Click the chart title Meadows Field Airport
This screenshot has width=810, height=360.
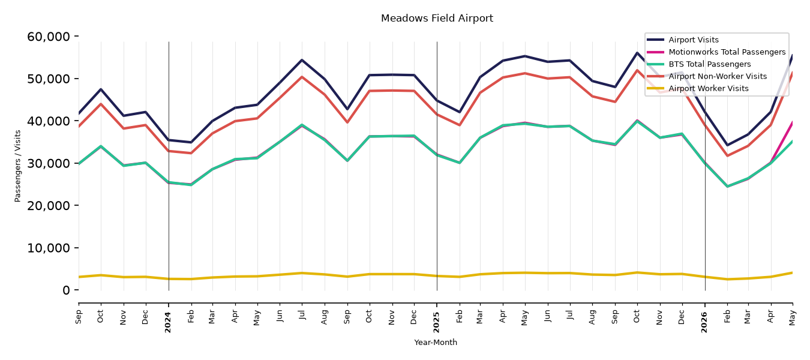[437, 18]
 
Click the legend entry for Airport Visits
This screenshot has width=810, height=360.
[693, 40]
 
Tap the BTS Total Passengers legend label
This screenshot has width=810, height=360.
[709, 64]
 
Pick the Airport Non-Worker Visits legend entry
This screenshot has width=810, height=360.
[718, 76]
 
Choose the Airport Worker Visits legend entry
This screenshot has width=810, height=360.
[709, 89]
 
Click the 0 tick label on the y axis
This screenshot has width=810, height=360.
[66, 290]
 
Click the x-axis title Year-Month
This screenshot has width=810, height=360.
[436, 342]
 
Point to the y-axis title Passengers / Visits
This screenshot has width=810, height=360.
[18, 166]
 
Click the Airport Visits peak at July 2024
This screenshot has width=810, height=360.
[302, 60]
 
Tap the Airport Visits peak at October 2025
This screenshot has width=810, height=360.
[637, 53]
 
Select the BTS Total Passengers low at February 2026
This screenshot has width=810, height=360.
[727, 187]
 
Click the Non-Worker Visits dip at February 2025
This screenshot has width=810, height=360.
[459, 125]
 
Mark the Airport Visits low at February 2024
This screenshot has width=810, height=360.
[191, 142]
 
